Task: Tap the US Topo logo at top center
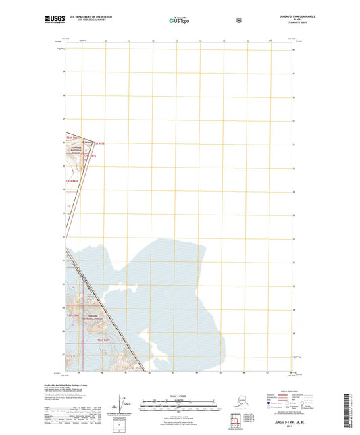coord(180,21)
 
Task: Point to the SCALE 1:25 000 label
coord(180,395)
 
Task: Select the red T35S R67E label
coord(99,143)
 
